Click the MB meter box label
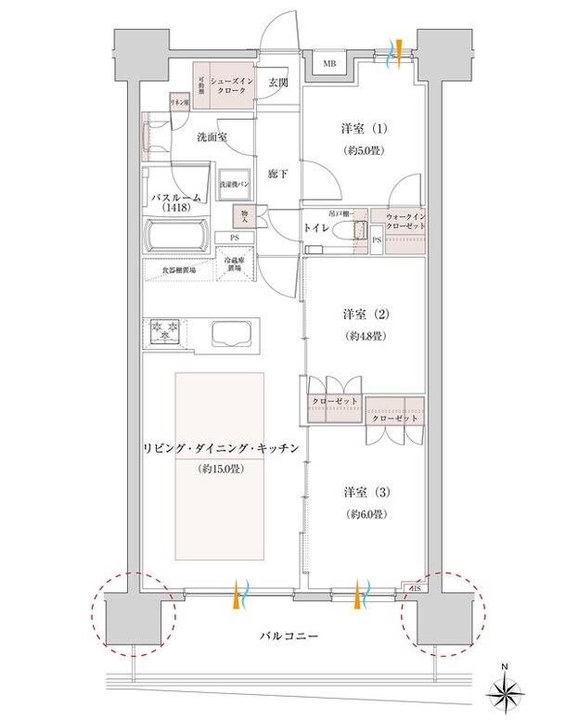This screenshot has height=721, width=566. (330, 63)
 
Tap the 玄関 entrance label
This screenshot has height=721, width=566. (279, 83)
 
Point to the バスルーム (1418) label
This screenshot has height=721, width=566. (178, 203)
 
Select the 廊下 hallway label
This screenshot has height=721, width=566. (278, 173)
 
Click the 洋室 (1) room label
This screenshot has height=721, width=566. (364, 132)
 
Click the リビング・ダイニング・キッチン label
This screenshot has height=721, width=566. (219, 449)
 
